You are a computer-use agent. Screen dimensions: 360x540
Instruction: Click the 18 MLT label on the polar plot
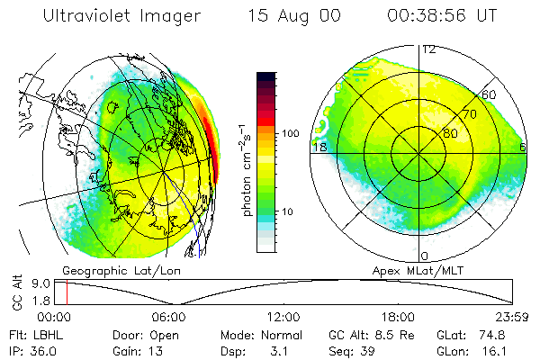tap(319, 146)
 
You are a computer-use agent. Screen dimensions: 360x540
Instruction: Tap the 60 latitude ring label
tap(490, 94)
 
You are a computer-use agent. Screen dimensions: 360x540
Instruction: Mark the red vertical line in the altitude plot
tap(67, 292)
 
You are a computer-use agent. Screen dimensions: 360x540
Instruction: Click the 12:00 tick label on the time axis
tap(283, 317)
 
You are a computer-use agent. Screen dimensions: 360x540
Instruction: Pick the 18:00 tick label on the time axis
tap(398, 317)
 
